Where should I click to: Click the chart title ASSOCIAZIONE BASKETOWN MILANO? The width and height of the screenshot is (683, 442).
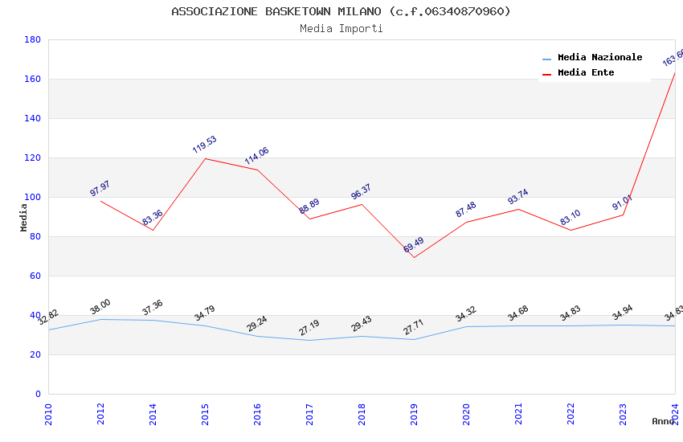pos(341,11)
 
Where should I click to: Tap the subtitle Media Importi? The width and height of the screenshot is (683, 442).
pos(341,29)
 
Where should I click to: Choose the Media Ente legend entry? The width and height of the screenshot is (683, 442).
pos(586,73)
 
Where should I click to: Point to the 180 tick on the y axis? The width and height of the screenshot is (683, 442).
pos(32,39)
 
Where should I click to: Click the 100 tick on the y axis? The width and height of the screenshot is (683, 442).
pos(32,197)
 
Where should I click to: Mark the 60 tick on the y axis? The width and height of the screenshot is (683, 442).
pos(35,276)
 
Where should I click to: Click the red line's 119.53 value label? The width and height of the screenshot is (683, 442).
pos(205,145)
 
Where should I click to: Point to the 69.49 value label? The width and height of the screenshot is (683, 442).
pos(414,245)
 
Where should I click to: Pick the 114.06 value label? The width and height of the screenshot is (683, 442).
pos(257,156)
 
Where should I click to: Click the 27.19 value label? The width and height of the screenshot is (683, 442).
pos(309,328)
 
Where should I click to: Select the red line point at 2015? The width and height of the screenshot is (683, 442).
pos(205,158)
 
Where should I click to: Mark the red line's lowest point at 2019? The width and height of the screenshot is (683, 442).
pos(414,257)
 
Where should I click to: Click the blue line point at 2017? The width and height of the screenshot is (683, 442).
pos(309,340)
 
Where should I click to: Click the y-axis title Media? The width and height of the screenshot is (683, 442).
pos(24,217)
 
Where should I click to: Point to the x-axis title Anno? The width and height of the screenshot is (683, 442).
pos(663,421)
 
